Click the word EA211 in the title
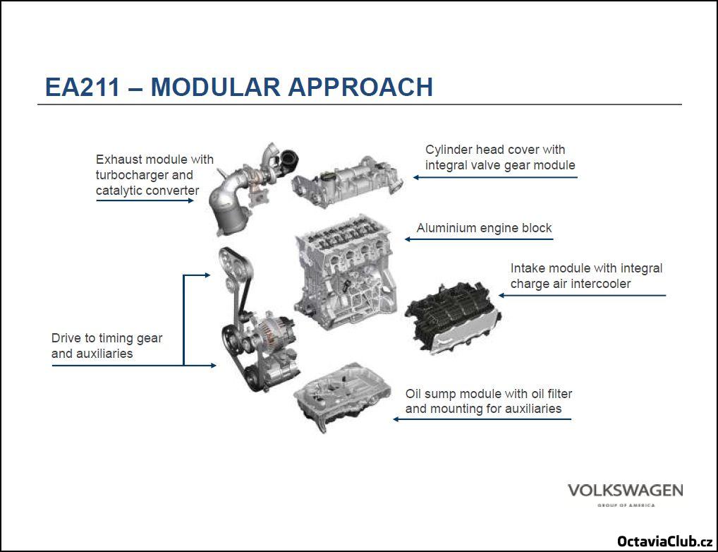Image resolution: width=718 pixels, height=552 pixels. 83,87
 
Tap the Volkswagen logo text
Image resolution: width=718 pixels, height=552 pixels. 625,490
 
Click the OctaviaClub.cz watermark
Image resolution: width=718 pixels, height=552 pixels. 664,541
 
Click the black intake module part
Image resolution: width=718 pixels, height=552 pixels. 453,317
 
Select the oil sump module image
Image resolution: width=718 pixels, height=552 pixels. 342,396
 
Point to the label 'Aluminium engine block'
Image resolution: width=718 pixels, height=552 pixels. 484,228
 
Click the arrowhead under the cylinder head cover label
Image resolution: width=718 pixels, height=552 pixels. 416,177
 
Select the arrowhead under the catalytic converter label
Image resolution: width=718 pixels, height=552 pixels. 191,200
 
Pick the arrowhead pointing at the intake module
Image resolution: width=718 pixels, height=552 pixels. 501,295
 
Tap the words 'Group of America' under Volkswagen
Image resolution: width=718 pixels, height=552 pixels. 626,505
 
